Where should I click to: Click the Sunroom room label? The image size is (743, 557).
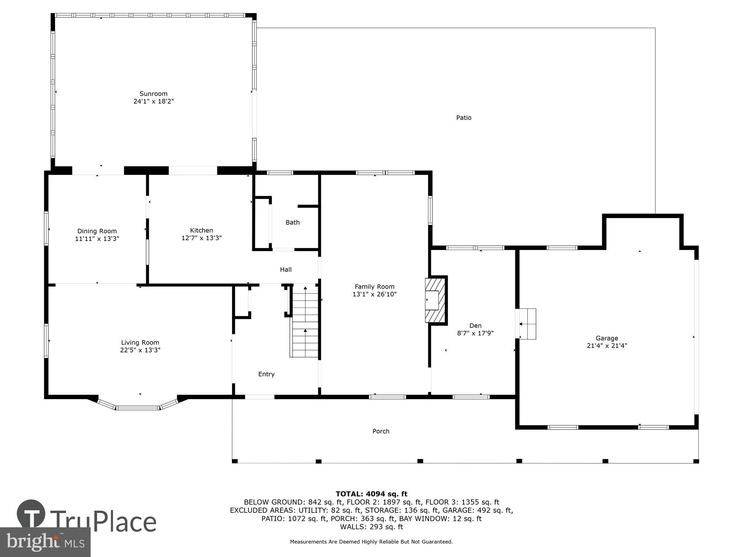(x=153, y=94)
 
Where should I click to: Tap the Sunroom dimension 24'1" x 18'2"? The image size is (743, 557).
(x=153, y=101)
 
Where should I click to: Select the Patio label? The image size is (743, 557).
(x=464, y=118)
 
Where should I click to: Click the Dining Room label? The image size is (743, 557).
(x=97, y=231)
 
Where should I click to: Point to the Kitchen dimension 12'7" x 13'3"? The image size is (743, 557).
(x=201, y=238)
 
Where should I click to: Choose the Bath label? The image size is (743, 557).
(x=292, y=222)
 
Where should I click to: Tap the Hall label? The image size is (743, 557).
(x=286, y=270)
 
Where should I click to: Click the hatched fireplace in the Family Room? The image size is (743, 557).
(x=435, y=300)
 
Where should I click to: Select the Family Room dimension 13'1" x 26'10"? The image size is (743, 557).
(x=374, y=294)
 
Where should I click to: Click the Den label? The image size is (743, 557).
(x=475, y=326)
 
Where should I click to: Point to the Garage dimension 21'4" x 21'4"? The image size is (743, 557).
(x=607, y=346)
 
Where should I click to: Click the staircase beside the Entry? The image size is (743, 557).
(x=305, y=321)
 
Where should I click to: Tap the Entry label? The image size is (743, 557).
(x=266, y=374)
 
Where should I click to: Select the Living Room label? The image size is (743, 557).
(x=140, y=342)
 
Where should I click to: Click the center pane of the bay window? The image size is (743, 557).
(x=138, y=408)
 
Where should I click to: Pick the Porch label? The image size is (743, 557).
(x=381, y=431)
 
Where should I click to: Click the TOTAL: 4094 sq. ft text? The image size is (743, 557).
(x=371, y=494)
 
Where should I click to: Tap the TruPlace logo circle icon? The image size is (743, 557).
(x=31, y=514)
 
